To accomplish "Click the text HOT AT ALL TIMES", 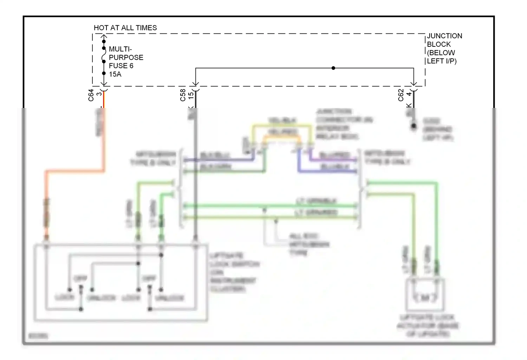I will click(125, 28).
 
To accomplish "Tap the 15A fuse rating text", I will click(115, 74).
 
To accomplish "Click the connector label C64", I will click(91, 95).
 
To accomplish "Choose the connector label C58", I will click(183, 95).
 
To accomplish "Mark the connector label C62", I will click(401, 95).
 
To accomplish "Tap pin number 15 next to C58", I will click(191, 95).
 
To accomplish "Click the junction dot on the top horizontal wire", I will click(333, 68).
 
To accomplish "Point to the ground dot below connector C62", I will click(414, 126).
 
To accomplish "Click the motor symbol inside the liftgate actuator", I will click(425, 298).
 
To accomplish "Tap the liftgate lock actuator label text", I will click(428, 326).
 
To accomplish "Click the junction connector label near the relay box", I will click(343, 124).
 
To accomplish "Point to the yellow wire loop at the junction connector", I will click(281, 124).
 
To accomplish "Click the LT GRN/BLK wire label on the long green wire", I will click(316, 201).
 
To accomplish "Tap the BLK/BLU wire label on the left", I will click(215, 155).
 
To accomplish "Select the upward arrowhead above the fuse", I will click(104, 36).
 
